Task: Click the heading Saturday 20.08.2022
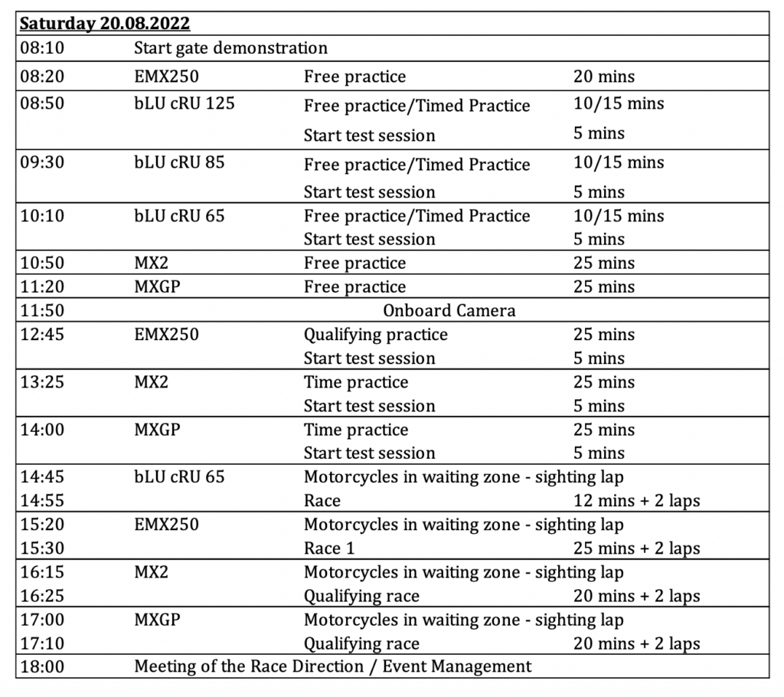[x=105, y=24]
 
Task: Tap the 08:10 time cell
[x=42, y=48]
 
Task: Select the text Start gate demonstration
[x=230, y=48]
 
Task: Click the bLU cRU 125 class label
[x=184, y=103]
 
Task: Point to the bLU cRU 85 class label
[x=179, y=162]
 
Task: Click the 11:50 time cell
[x=42, y=310]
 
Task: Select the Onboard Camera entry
[x=449, y=310]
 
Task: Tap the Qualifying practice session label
[x=375, y=335]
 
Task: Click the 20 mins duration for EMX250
[x=603, y=76]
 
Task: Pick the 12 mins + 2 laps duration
[x=636, y=501]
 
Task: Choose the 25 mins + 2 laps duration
[x=636, y=548]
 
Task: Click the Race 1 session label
[x=329, y=548]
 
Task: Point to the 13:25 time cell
[x=42, y=381]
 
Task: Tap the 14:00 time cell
[x=42, y=430]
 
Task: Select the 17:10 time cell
[x=42, y=643]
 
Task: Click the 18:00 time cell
[x=42, y=666]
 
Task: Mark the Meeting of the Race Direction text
[x=332, y=666]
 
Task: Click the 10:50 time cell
[x=42, y=263]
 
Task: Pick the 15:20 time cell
[x=42, y=525]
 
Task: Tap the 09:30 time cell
[x=42, y=162]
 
